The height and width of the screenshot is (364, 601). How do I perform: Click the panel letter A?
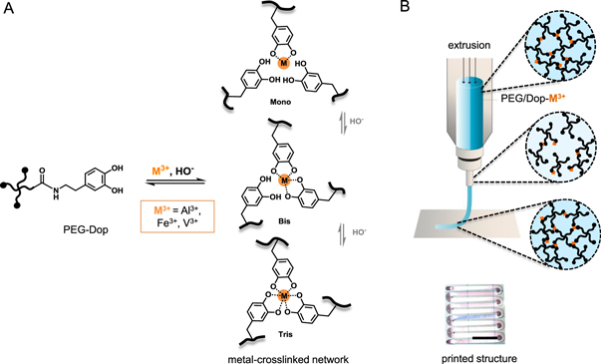click(9, 9)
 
